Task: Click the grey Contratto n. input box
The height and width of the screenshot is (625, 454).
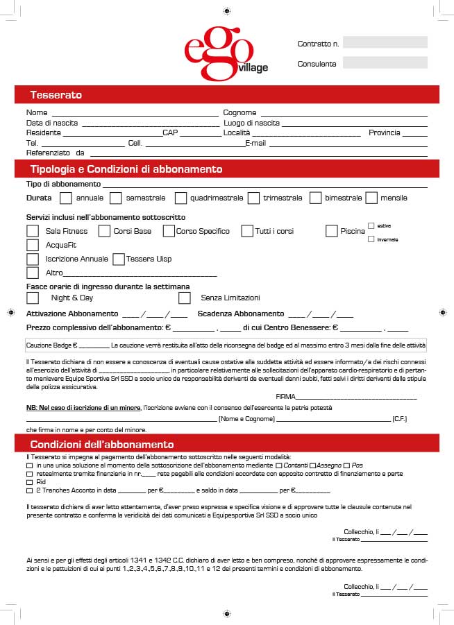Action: tap(385, 42)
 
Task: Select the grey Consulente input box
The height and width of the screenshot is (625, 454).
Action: tap(385, 62)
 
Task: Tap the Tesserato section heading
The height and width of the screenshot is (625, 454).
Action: tap(56, 94)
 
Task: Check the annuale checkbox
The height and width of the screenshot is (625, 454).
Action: tap(66, 198)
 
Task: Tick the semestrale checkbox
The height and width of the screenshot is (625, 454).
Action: tap(116, 198)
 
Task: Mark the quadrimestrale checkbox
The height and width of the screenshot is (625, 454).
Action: tap(180, 198)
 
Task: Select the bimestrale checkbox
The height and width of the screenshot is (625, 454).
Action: tap(315, 198)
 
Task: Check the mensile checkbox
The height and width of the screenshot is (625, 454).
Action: tap(371, 198)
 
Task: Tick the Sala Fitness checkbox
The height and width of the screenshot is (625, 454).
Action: tap(33, 231)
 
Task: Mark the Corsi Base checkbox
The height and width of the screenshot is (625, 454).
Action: tap(104, 231)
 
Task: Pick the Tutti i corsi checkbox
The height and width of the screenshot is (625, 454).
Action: tap(247, 231)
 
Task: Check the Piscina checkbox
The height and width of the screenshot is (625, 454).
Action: tap(332, 231)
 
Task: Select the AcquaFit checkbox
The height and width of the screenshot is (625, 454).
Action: tap(33, 245)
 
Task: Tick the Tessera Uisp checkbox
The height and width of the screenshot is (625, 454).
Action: tap(119, 259)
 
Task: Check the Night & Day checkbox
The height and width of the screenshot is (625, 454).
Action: tap(33, 298)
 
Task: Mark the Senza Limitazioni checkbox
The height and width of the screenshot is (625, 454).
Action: tap(185, 298)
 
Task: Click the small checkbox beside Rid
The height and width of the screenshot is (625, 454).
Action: tap(29, 482)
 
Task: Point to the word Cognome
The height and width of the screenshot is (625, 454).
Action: tap(239, 112)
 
